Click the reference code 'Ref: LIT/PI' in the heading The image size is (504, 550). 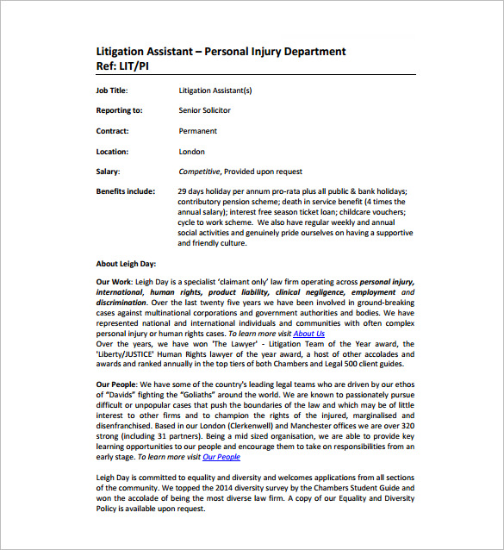coord(127,66)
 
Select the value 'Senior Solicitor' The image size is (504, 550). coord(205,111)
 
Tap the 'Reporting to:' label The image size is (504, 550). coord(119,111)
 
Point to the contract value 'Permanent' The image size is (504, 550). coord(198,131)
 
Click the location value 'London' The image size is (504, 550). coord(191,152)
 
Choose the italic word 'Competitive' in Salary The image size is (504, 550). coord(200,172)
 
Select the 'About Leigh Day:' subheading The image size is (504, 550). coord(126,264)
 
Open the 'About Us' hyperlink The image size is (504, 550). coord(308,334)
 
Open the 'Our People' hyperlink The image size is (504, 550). coord(221,457)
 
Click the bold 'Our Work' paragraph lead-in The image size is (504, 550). coord(115,282)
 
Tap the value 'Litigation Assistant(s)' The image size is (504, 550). coord(216,91)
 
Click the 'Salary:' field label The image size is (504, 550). coord(108,172)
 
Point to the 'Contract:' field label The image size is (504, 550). coord(113,131)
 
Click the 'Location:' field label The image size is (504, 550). coord(113,152)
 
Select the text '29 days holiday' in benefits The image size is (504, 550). coord(205,191)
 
